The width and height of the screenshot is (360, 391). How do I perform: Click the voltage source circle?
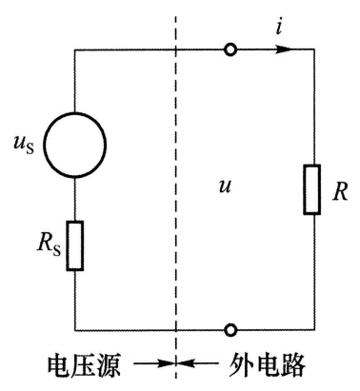(73, 151)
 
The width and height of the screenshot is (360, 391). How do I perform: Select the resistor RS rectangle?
(73, 246)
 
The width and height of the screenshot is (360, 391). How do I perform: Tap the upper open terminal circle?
(230, 49)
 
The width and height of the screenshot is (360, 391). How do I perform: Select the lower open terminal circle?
(230, 329)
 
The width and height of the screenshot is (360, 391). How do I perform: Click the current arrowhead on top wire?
(277, 49)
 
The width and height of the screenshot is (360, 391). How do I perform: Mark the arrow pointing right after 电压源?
(150, 364)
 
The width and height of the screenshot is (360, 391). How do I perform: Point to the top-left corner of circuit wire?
(73, 49)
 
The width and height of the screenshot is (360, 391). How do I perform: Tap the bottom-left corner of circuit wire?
(73, 329)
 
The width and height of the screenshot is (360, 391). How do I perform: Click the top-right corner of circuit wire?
(313, 49)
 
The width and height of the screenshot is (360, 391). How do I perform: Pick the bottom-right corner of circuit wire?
(313, 329)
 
